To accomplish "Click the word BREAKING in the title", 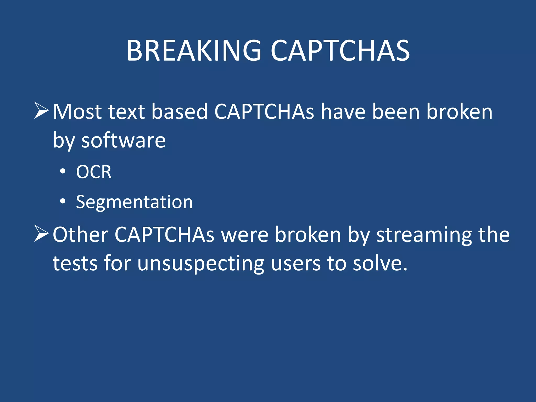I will click(x=194, y=51).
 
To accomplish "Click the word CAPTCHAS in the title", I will click(x=340, y=51).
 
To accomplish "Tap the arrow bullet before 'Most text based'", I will click(x=41, y=111).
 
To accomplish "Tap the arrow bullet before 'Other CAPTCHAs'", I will click(x=41, y=233).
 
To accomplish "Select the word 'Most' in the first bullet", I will click(x=77, y=112).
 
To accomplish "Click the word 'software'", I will click(x=123, y=141).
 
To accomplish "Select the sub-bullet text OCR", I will click(x=94, y=172).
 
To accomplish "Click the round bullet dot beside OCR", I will click(x=63, y=171).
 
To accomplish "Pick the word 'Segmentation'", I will click(x=134, y=202).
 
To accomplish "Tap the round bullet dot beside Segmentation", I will click(x=63, y=201).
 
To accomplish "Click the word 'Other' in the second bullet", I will click(x=80, y=235).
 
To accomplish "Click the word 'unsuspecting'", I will click(x=200, y=263).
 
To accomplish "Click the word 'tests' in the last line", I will click(x=75, y=263).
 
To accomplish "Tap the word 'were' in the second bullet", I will click(x=245, y=235).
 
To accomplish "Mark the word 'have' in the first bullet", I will click(x=343, y=112).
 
